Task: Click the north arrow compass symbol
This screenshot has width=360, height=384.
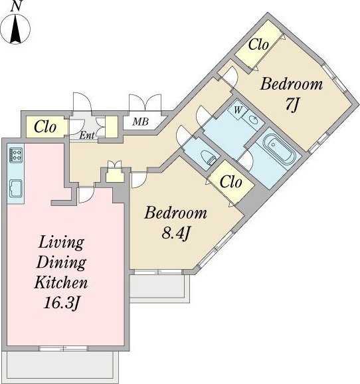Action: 15,29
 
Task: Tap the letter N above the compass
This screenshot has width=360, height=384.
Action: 16,6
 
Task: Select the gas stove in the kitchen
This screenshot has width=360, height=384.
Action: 16,155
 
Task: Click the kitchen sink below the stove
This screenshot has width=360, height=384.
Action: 16,188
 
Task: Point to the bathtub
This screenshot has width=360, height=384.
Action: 279,149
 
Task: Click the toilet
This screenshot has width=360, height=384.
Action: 208,157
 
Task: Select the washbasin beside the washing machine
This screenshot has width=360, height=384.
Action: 253,120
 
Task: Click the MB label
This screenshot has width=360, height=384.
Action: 141,122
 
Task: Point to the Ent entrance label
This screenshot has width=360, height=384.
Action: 87,135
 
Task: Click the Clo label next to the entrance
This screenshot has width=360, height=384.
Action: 45,127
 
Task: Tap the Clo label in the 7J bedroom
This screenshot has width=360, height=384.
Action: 258,45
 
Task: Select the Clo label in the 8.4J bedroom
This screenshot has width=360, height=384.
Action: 230,182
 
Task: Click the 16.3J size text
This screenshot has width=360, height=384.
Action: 62,303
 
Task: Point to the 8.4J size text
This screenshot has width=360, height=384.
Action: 175,234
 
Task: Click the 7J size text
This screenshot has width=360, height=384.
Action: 292,105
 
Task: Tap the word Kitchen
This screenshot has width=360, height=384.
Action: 61,282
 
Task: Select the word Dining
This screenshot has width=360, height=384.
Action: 61,263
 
